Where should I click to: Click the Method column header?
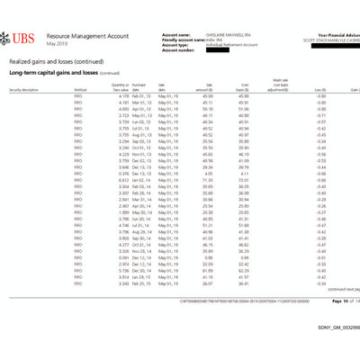[x=81, y=90]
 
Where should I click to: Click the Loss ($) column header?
[x=318, y=90]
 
